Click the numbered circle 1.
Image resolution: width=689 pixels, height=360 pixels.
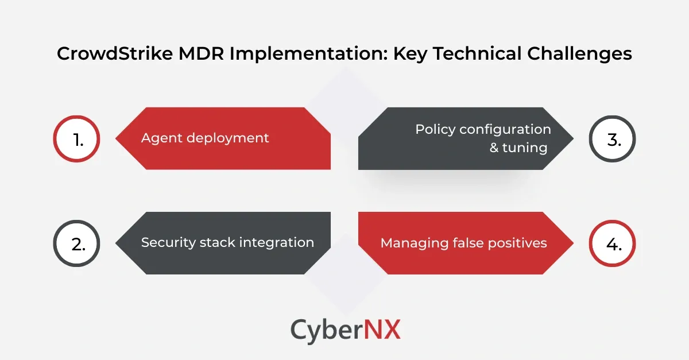[76, 138]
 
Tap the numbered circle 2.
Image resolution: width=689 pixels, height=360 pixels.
[76, 243]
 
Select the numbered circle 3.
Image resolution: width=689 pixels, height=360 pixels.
[613, 138]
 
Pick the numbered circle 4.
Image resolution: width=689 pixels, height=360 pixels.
[613, 243]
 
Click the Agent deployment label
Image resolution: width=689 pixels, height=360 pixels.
[205, 138]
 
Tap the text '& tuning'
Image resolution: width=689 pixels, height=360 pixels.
[518, 148]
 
